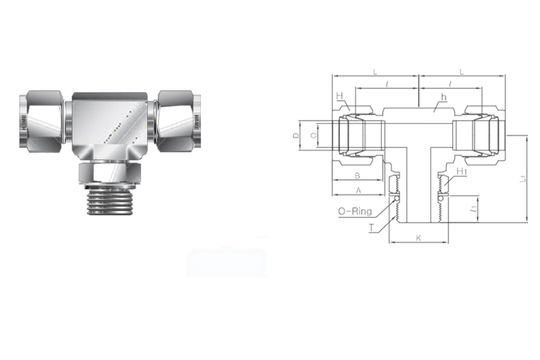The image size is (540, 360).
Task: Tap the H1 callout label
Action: (462, 173)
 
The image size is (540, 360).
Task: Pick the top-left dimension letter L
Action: (373, 72)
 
